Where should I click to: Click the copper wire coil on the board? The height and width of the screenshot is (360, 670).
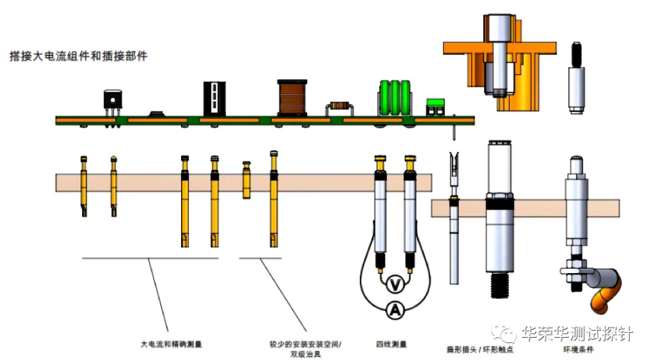291,97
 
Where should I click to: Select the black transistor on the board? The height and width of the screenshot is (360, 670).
113,101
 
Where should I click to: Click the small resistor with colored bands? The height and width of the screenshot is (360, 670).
339,108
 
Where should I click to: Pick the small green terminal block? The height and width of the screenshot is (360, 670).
434,108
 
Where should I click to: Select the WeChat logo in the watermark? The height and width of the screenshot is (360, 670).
505,332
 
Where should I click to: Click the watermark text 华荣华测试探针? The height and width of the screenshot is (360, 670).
577,333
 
